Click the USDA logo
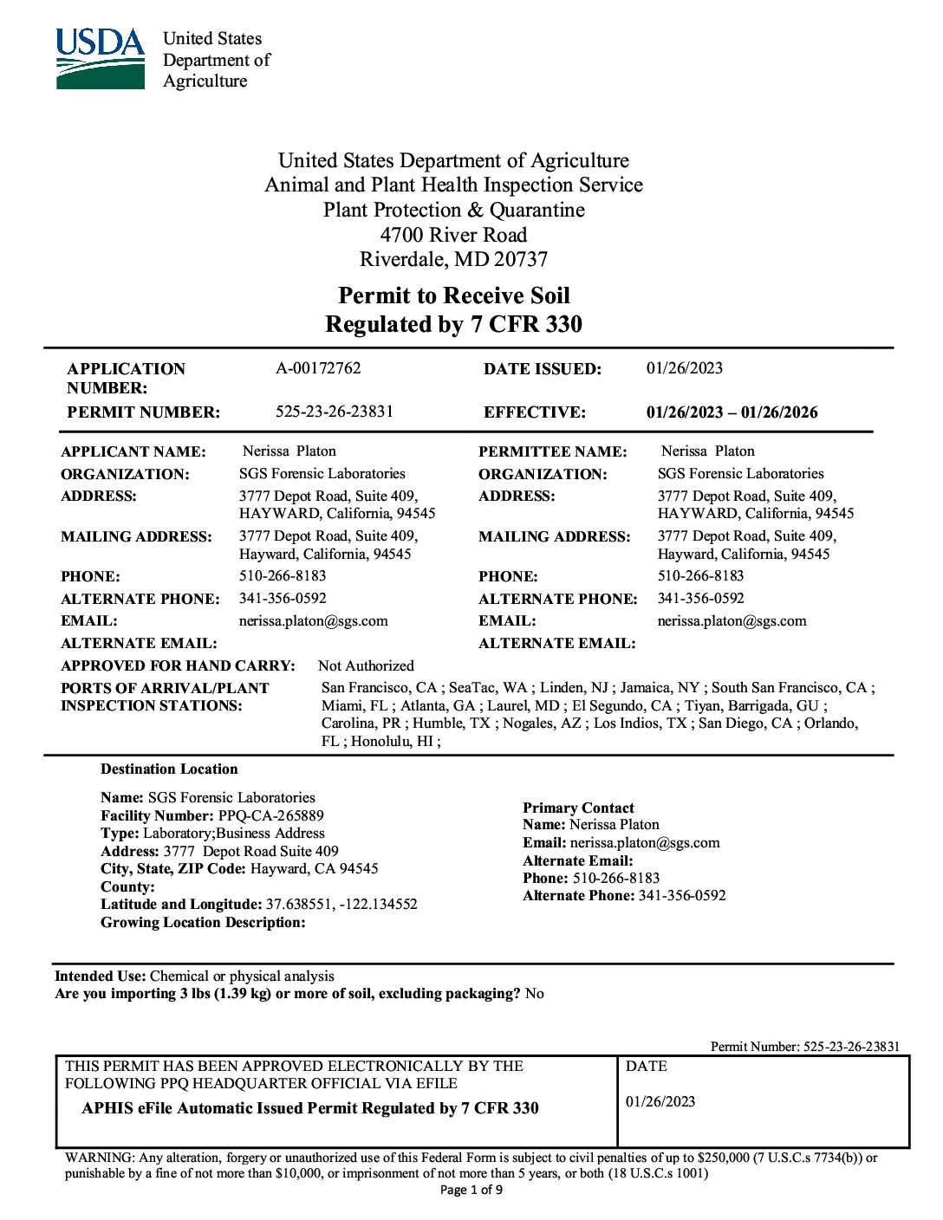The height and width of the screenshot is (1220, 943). pos(101,59)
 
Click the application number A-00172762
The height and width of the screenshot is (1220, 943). pos(318,368)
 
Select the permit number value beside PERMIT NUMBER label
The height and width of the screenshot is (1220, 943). pos(335,412)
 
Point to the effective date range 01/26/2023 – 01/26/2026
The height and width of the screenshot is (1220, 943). pos(732,412)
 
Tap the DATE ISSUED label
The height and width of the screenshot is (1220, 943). pos(542,369)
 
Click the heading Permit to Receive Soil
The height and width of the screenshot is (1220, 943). pos(453,296)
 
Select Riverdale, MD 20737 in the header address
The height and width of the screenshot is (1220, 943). pos(453,259)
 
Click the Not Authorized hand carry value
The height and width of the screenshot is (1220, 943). pos(366,665)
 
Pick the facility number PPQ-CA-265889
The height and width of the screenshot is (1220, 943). pos(271,815)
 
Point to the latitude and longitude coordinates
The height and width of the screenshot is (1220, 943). pos(341,904)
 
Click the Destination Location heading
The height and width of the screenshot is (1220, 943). pos(169,769)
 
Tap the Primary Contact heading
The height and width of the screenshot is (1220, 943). pos(578,808)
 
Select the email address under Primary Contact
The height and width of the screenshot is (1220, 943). pos(644,843)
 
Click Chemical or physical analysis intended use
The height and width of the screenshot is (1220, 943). pos(242,976)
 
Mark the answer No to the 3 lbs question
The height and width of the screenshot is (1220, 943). pos(535,994)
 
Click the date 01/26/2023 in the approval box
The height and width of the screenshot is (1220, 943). pos(660,1102)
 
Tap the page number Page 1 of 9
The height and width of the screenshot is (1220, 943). pos(471,1190)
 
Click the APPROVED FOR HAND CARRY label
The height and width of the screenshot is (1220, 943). pos(178,665)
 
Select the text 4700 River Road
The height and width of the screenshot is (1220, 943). pos(453,235)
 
